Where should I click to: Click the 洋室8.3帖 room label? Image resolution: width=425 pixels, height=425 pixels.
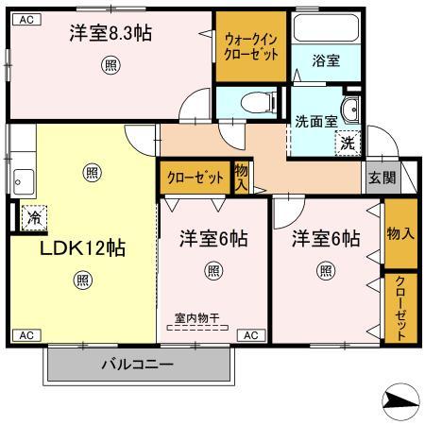click(110, 34)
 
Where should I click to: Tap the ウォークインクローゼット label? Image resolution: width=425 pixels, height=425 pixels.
click(250, 45)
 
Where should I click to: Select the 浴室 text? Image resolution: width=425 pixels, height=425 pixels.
click(327, 60)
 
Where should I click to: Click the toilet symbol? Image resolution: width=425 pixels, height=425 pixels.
click(253, 100)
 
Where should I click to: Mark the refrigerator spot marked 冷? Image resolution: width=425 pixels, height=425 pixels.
click(33, 216)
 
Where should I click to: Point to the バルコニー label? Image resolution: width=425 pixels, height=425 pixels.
click(138, 363)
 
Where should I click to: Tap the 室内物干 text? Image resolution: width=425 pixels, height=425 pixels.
click(196, 318)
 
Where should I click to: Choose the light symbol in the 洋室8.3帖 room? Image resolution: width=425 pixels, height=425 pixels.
click(110, 65)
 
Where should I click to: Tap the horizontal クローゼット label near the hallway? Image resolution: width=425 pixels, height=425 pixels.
click(195, 178)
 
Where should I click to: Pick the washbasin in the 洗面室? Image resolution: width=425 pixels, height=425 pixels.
click(349, 110)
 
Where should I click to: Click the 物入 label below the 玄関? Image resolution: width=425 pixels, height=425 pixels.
click(400, 233)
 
